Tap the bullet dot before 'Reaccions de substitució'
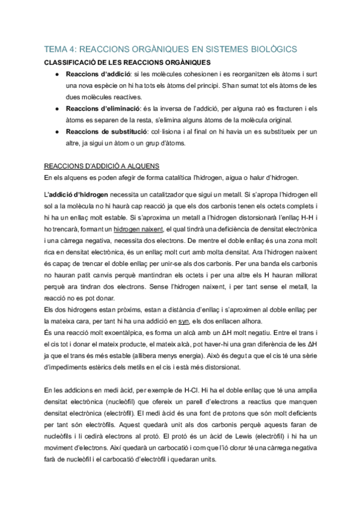[56, 132]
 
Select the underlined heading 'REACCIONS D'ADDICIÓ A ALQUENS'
[102, 165]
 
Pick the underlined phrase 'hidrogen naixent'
[138, 229]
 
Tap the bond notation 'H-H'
[301, 217]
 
